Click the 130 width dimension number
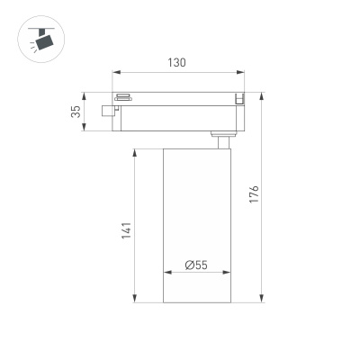tap(177, 63)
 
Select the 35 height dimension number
tap(76, 112)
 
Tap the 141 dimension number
tap(127, 229)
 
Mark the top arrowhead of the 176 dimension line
tap(262, 94)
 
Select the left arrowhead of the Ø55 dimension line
tap(166, 273)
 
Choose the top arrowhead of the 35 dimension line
tap(85, 94)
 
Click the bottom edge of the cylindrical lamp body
tap(196, 303)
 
